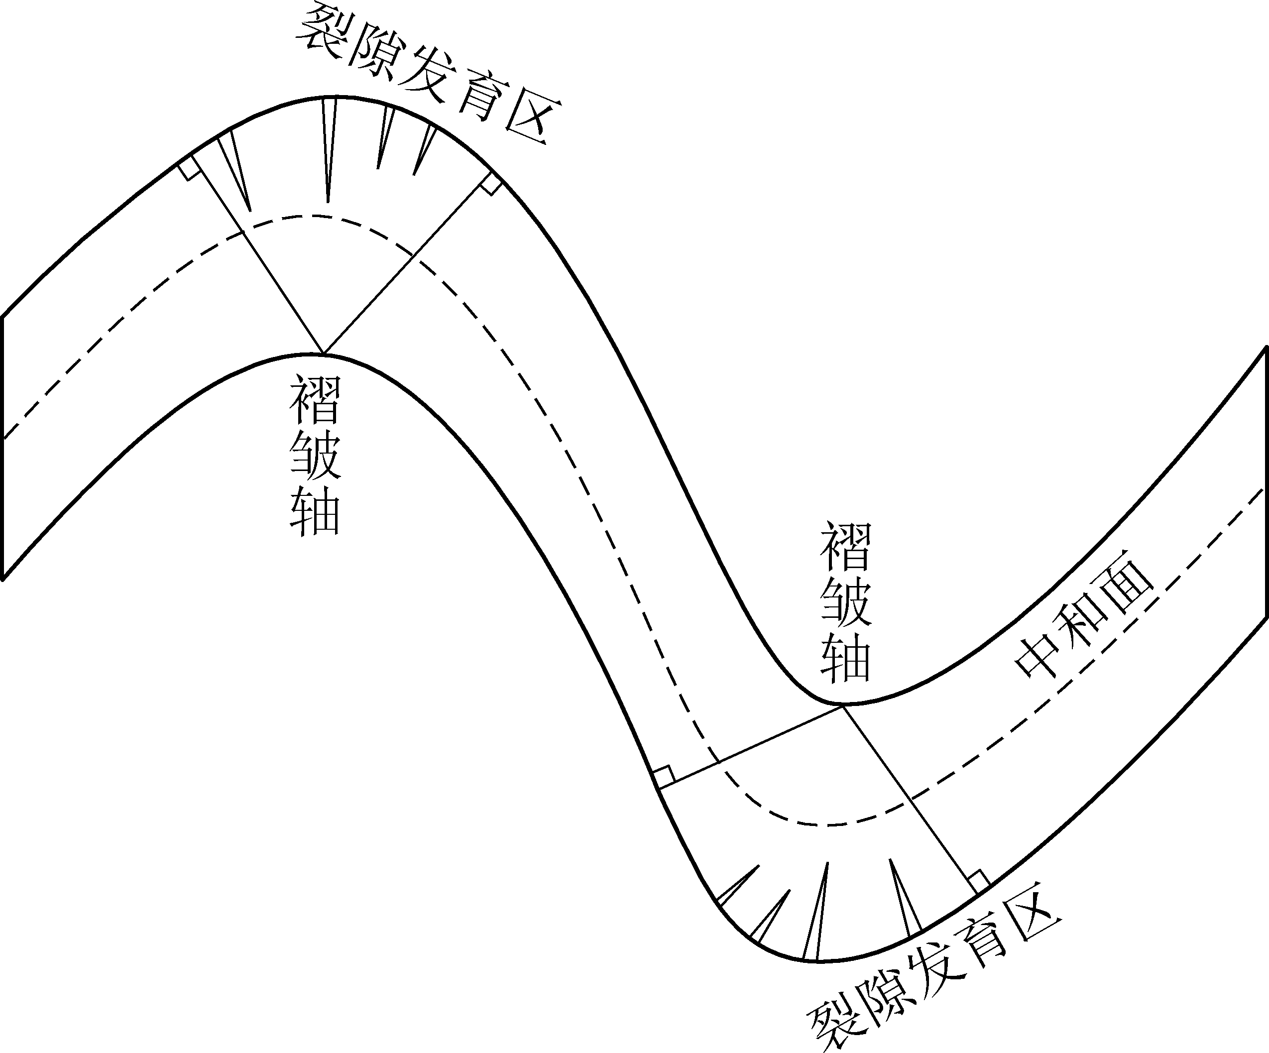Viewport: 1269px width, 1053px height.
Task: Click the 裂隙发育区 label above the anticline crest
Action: [429, 73]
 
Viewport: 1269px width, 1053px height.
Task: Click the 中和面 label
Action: [1085, 623]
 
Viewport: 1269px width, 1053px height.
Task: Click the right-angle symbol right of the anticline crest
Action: [491, 184]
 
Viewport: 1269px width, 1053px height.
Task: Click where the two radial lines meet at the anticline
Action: [323, 353]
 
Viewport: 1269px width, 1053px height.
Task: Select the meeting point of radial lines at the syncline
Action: [842, 705]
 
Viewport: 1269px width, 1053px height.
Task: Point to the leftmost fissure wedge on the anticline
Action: [234, 169]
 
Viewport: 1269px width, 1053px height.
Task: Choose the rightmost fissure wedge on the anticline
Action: [424, 148]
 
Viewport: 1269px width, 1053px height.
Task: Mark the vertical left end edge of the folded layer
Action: [3, 447]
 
